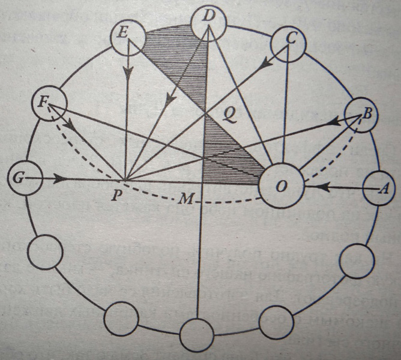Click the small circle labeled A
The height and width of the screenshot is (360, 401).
(x=381, y=188)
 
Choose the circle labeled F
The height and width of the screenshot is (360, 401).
(x=47, y=106)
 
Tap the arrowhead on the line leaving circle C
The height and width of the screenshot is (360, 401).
(x=267, y=62)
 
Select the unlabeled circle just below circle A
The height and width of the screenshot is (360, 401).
(x=357, y=259)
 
